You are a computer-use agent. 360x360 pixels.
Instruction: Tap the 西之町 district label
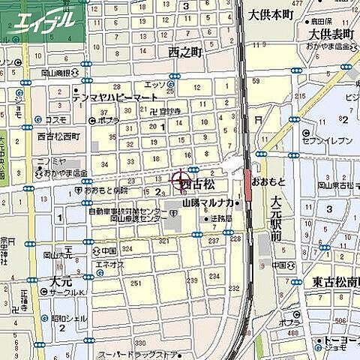[x=185, y=52]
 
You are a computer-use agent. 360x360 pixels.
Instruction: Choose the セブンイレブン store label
[x=328, y=141]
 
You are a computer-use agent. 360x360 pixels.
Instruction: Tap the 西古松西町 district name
[x=58, y=137]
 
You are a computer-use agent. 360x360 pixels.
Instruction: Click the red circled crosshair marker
[x=181, y=180]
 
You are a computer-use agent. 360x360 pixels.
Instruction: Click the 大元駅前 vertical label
[x=276, y=218]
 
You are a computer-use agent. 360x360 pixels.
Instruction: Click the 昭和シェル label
[x=70, y=317]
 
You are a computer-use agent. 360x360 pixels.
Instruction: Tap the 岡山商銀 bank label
[x=57, y=73]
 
